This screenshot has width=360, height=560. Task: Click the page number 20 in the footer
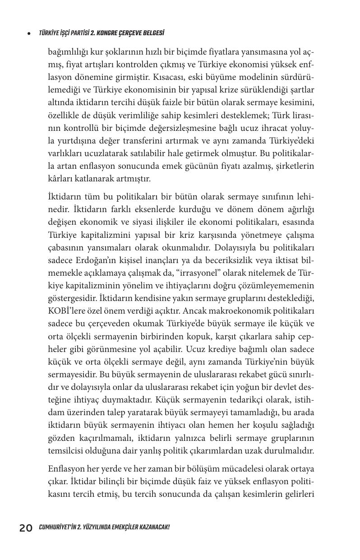[26, 528]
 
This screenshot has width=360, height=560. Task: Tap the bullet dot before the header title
[29, 33]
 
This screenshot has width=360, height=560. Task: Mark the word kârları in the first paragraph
[60, 179]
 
